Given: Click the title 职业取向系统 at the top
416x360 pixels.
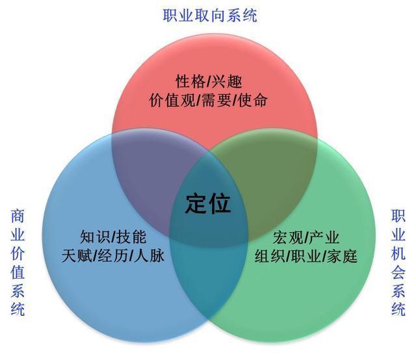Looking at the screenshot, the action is pos(210,15).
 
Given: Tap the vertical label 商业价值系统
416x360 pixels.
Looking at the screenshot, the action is pos(18,263).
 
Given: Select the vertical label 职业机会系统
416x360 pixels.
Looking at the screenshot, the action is pos(398,263).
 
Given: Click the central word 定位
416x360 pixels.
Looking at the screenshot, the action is pos(208,204).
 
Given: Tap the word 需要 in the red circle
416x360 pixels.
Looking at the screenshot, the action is pos(214,101).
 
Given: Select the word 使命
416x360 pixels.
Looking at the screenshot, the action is pos(252,101).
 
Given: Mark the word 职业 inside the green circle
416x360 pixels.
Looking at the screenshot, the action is pos(306,255).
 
